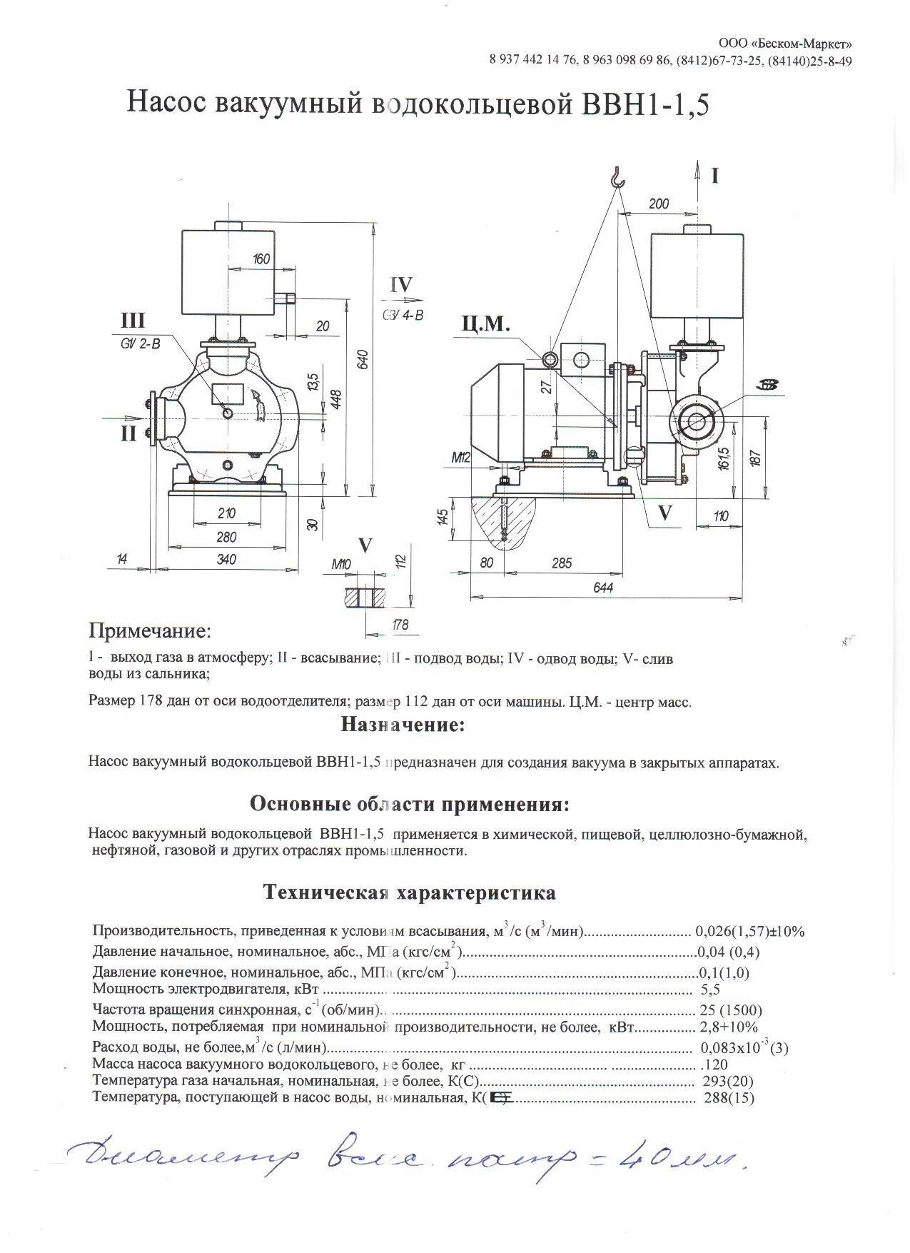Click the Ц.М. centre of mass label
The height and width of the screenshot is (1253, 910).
pyautogui.click(x=485, y=324)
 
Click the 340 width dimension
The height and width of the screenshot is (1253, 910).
pyautogui.click(x=226, y=560)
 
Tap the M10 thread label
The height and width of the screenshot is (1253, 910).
pyautogui.click(x=342, y=564)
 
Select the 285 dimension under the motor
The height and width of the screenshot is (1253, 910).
pyautogui.click(x=562, y=563)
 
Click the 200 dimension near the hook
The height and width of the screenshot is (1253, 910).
pyautogui.click(x=658, y=203)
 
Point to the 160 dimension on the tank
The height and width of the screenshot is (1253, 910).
pyautogui.click(x=261, y=258)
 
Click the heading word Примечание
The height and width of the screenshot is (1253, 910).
pyautogui.click(x=150, y=631)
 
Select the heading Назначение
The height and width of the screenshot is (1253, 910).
pyautogui.click(x=403, y=725)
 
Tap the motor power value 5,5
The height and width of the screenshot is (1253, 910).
pyautogui.click(x=712, y=990)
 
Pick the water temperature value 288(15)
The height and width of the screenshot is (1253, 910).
pyautogui.click(x=729, y=1098)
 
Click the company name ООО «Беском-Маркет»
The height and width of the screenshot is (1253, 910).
pyautogui.click(x=784, y=44)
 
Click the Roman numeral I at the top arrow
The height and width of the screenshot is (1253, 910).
pyautogui.click(x=715, y=176)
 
